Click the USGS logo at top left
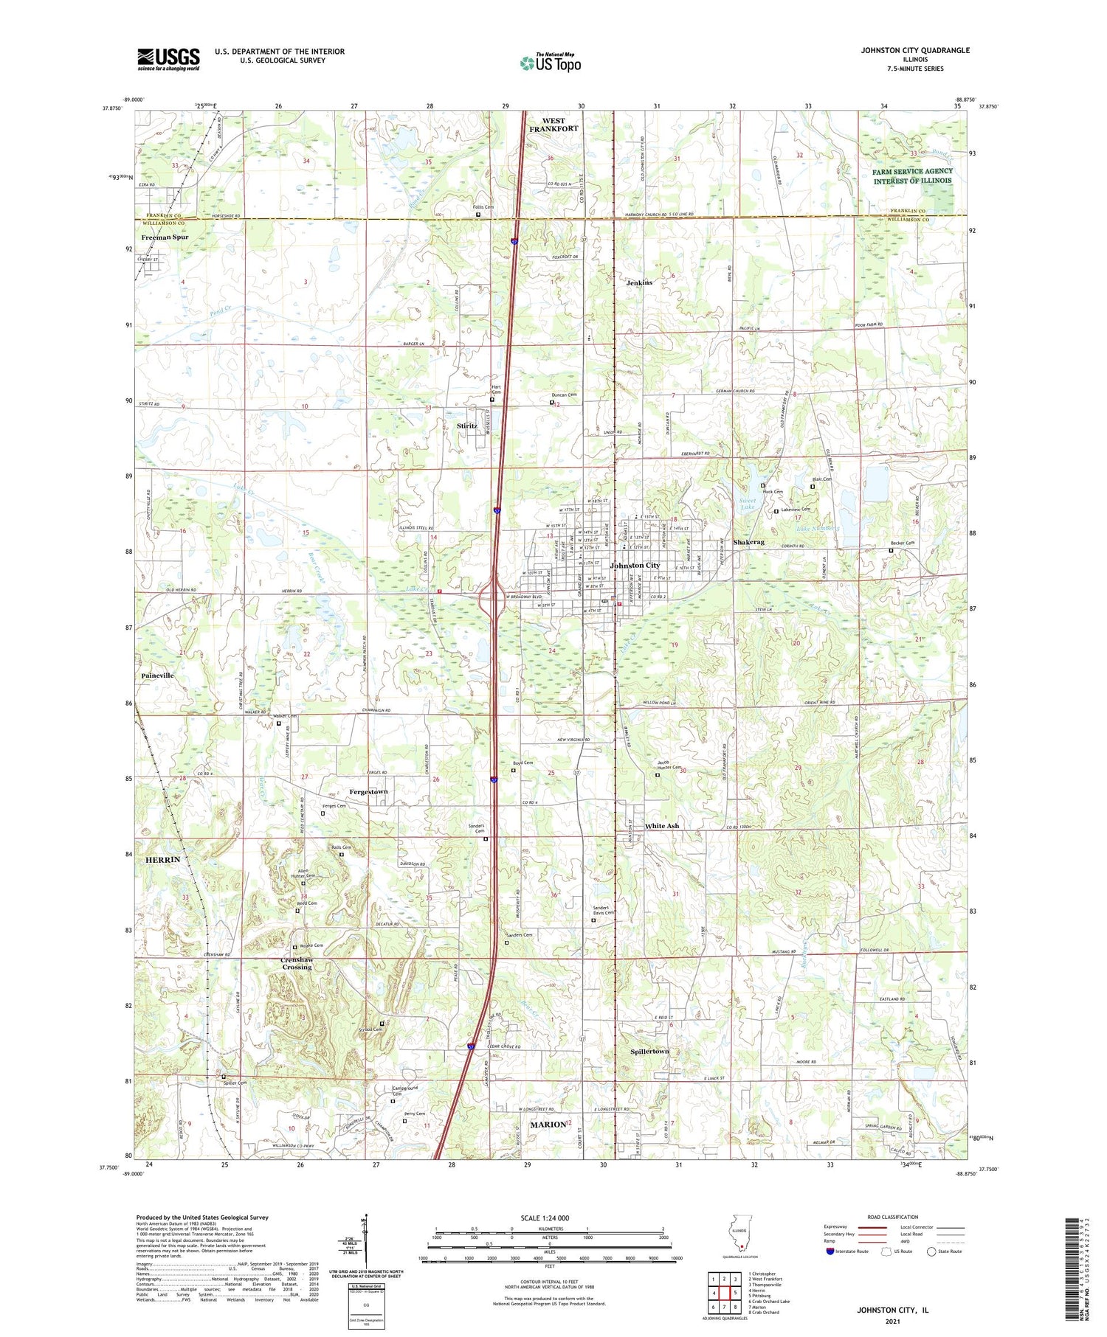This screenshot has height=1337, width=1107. [168, 59]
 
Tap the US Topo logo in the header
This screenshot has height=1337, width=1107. [551, 63]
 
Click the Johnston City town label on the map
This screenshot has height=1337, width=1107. [635, 566]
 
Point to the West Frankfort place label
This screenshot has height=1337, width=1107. [553, 125]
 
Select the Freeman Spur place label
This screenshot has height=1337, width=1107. [165, 237]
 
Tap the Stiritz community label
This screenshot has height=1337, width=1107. [466, 426]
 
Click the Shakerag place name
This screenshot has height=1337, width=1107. [749, 542]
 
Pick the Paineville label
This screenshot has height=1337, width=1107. [158, 676]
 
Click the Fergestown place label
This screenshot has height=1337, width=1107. [368, 791]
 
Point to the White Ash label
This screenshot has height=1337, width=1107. [662, 826]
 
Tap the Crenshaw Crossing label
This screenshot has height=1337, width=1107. [297, 963]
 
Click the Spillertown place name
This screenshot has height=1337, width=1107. [649, 1051]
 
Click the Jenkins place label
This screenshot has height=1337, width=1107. [639, 282]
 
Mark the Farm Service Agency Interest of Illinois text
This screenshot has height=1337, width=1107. [912, 176]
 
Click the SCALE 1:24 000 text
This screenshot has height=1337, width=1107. [549, 1218]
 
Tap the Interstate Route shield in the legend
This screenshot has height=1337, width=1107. [830, 1251]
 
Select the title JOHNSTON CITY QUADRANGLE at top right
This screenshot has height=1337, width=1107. [915, 50]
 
